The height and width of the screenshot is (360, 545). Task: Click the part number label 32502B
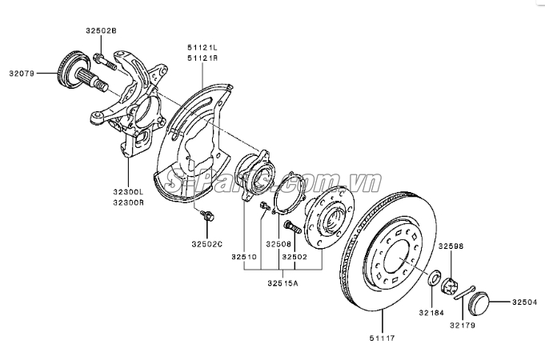click(101, 30)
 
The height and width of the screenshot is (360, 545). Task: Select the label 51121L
click(203, 48)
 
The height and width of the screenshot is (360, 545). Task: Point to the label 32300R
click(128, 203)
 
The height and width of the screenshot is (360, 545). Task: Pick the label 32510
click(245, 257)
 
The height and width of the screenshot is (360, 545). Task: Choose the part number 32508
click(279, 242)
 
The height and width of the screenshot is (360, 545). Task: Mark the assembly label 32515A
click(283, 282)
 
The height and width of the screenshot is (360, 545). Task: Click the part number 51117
click(381, 340)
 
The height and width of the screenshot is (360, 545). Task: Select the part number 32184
click(430, 313)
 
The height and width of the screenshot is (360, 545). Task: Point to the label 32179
click(462, 326)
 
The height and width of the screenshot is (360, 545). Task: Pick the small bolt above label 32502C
click(209, 215)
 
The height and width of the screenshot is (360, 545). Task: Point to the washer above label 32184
click(432, 280)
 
